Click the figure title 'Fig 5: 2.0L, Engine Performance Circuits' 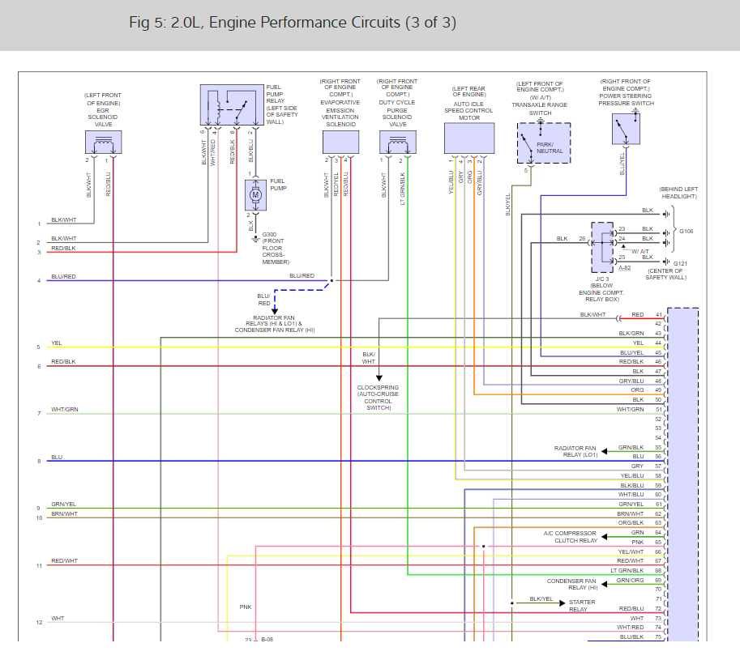click(x=265, y=23)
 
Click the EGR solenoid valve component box click(x=104, y=142)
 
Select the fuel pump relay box click(x=232, y=104)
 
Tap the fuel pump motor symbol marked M click(x=256, y=194)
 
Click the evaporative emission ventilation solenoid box click(x=340, y=142)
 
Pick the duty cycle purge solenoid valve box click(x=398, y=142)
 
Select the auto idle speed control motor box click(x=469, y=138)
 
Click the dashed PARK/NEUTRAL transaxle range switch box click(x=544, y=143)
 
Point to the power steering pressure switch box click(x=627, y=130)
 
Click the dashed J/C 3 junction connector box click(x=603, y=247)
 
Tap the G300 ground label click(x=269, y=234)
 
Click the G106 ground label click(x=687, y=231)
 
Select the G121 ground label click(x=680, y=263)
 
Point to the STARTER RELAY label click(x=582, y=606)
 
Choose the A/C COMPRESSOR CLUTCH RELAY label click(x=571, y=537)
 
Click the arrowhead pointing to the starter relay click(x=562, y=603)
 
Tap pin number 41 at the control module click(x=659, y=314)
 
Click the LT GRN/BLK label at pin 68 click(x=627, y=570)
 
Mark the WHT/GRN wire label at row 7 click(x=65, y=409)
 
